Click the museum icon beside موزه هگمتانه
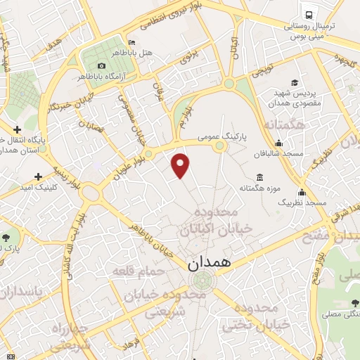pyautogui.click(x=261, y=176)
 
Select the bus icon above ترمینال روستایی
pyautogui.click(x=307, y=14)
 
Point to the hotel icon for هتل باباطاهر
pyautogui.click(x=131, y=42)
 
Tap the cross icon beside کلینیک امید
pyautogui.click(x=38, y=176)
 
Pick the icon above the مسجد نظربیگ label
pyautogui.click(x=302, y=192)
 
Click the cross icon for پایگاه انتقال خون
pyautogui.click(x=18, y=129)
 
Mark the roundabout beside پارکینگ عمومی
pyautogui.click(x=220, y=146)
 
